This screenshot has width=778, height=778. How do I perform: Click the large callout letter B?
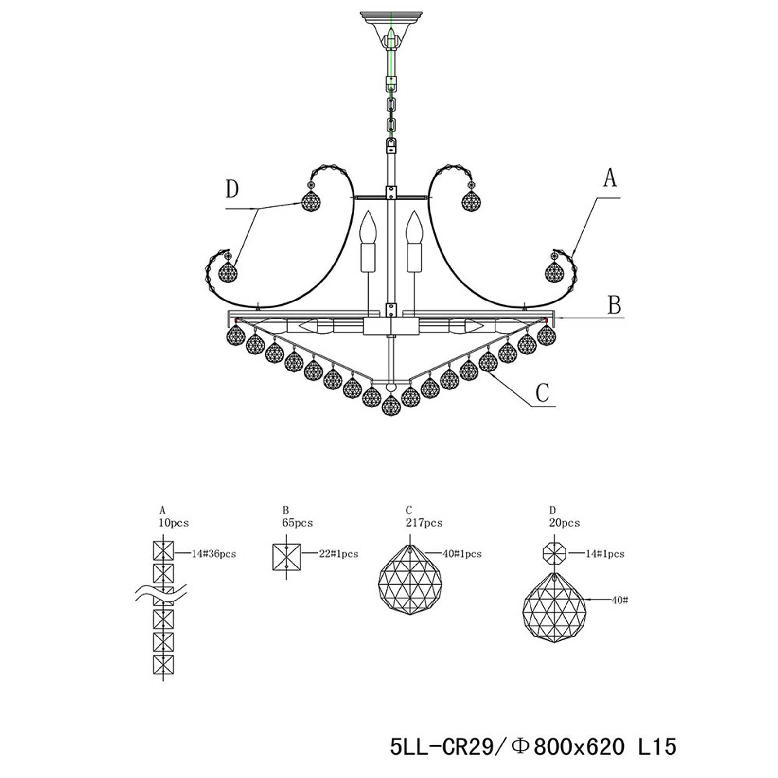coord(615,305)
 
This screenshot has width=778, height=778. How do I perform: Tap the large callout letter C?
coord(543,393)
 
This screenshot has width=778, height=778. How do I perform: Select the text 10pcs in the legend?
coord(174,523)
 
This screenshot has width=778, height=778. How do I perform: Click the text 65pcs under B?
coord(298,523)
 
